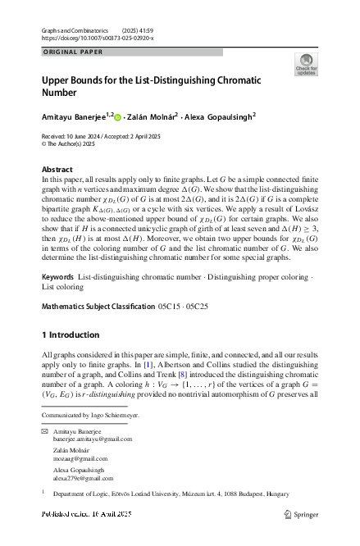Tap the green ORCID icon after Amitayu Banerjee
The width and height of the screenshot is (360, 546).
[117, 116]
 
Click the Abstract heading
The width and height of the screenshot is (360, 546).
[57, 169]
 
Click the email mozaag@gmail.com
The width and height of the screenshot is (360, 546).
[75, 462]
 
